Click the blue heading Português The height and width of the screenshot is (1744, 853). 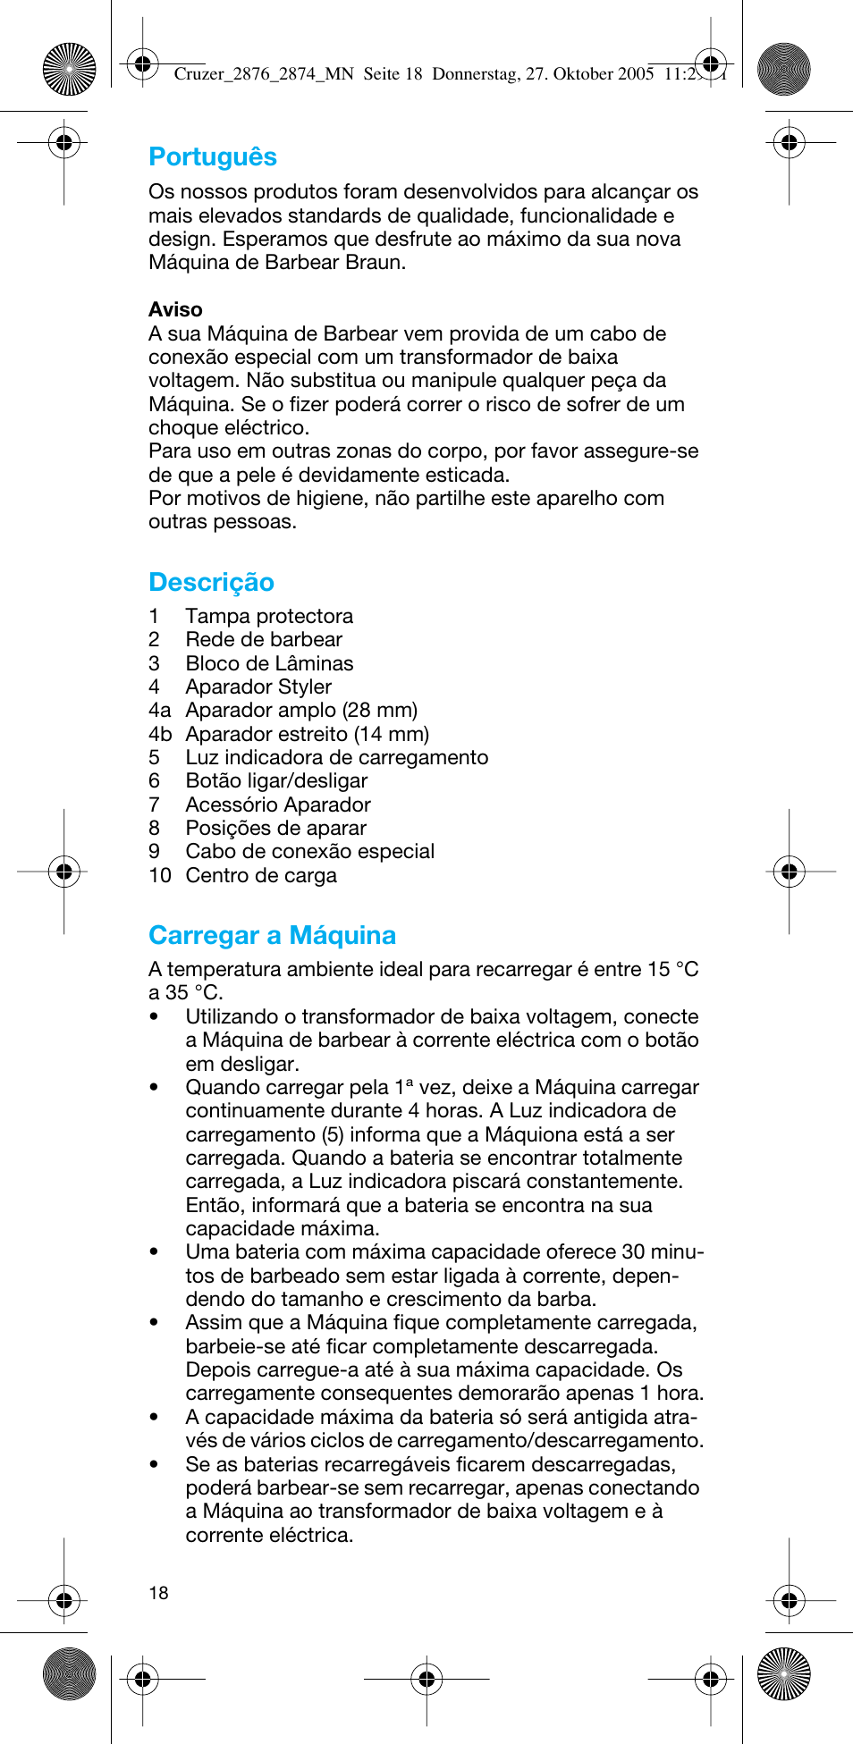coord(213,157)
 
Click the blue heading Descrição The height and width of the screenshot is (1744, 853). coord(211,583)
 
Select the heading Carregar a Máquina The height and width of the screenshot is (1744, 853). coord(272,936)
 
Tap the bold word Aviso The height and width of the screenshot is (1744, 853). coord(175,310)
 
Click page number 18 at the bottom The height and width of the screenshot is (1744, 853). coord(158,1593)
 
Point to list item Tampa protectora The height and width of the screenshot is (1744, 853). coord(268,617)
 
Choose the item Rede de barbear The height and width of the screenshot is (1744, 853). coord(264,640)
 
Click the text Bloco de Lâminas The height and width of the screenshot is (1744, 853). coord(269,664)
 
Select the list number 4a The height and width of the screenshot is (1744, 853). coord(159,711)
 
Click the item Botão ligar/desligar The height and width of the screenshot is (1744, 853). coord(276,781)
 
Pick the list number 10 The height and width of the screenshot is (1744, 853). coord(159,876)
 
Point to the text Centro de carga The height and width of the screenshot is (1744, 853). coord(261,876)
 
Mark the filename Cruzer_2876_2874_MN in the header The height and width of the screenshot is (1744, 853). coord(264,74)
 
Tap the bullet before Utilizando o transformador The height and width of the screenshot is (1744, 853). coord(155,1016)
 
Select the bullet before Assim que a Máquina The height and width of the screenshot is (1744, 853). coord(155,1323)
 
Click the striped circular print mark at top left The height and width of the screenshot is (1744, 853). coord(69,69)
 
